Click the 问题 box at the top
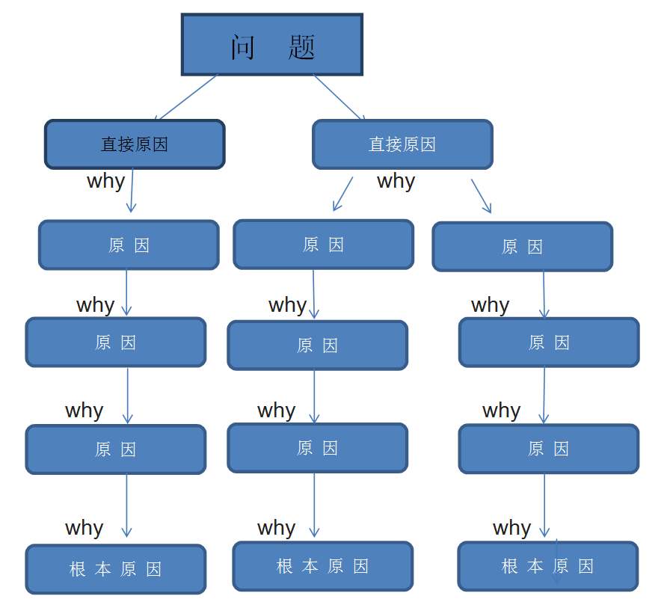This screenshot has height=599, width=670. [272, 45]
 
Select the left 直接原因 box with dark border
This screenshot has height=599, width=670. [135, 144]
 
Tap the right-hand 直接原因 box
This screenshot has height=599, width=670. [402, 144]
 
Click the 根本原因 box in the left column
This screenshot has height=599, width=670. [116, 569]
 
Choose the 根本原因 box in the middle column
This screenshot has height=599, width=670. [323, 566]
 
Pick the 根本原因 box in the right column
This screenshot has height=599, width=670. [548, 566]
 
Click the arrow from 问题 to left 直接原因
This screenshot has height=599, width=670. [187, 97]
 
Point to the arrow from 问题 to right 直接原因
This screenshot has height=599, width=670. [339, 97]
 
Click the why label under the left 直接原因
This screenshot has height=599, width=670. [105, 181]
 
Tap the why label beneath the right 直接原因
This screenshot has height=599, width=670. [396, 181]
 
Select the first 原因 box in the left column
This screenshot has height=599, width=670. [129, 245]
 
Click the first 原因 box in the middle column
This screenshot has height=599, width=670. [323, 244]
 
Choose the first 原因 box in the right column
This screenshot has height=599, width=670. [522, 246]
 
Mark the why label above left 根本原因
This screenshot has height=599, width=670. [84, 528]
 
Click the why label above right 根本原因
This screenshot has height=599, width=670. [511, 528]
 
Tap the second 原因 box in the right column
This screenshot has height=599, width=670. [549, 342]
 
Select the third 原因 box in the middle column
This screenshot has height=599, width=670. [317, 448]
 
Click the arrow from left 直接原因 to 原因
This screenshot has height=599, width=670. [132, 191]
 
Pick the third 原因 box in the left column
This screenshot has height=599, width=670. [116, 449]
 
